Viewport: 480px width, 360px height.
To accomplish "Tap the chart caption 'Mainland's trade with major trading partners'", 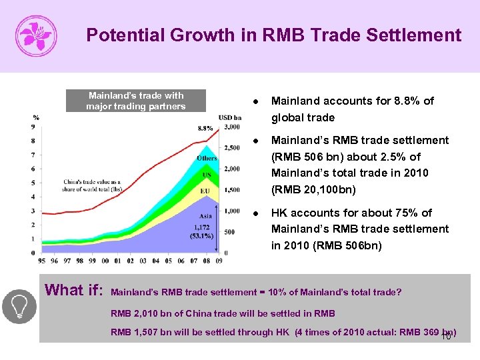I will (x=136, y=101).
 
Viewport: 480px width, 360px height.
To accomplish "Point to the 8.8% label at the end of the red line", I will (x=205, y=128).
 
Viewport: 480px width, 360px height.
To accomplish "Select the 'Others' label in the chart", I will (x=207, y=158).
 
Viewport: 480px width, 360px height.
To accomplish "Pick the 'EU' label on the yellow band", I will (x=205, y=191).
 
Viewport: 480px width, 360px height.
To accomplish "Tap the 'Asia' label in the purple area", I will (x=206, y=216).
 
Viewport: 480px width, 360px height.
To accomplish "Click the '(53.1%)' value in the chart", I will (x=201, y=235).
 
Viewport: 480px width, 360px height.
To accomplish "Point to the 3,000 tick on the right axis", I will (x=232, y=127).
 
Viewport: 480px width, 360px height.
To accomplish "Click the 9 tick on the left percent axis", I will (x=33, y=127).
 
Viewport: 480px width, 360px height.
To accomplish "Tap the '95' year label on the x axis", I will (x=42, y=261).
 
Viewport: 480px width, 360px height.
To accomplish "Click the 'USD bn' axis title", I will (x=230, y=118).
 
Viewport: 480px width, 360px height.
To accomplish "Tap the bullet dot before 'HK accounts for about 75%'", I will (x=257, y=213).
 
